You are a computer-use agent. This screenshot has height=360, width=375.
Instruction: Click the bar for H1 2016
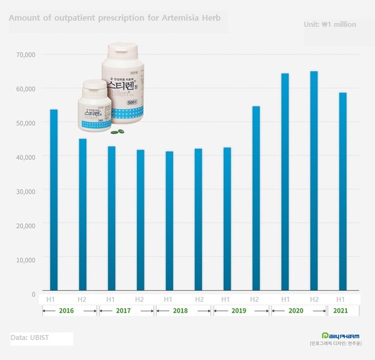54,200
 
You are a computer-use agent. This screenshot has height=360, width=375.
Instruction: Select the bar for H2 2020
314,181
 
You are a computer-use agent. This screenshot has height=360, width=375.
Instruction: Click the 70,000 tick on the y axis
26,55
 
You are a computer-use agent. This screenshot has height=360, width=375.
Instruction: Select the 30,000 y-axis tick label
26,191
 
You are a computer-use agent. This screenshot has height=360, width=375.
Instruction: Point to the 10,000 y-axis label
26,259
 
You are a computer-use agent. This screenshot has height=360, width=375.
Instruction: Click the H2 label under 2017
140,300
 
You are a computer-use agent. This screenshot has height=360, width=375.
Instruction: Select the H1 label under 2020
285,300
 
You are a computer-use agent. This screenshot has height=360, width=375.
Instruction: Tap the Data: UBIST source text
28,337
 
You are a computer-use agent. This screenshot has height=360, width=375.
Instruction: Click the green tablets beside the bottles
117,132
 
